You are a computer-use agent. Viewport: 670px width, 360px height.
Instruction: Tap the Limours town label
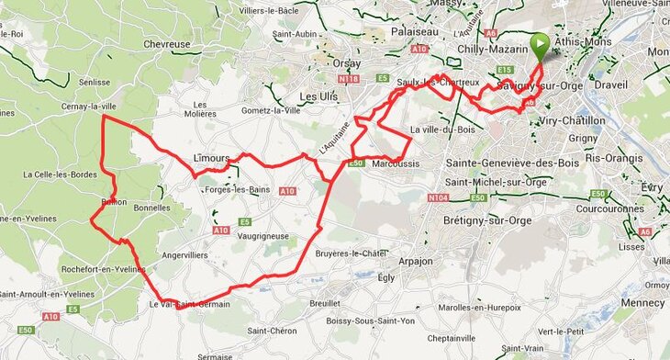click(211, 158)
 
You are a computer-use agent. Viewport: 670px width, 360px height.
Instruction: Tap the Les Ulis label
click(320, 96)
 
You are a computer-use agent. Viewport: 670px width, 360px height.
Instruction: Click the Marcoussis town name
click(397, 165)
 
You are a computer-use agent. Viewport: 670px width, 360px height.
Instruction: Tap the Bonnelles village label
click(152, 208)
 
